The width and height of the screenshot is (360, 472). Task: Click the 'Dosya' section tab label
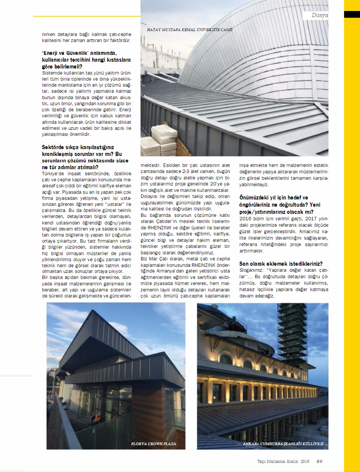pyautogui.click(x=319, y=15)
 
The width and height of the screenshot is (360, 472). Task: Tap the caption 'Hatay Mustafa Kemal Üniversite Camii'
pyautogui.click(x=190, y=30)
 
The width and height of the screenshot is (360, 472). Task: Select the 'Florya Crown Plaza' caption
pyautogui.click(x=154, y=444)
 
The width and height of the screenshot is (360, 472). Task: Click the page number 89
pyautogui.click(x=319, y=461)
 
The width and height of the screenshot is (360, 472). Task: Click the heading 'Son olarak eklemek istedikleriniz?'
pyautogui.click(x=281, y=264)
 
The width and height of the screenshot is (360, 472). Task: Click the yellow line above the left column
pyautogui.click(x=87, y=17)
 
